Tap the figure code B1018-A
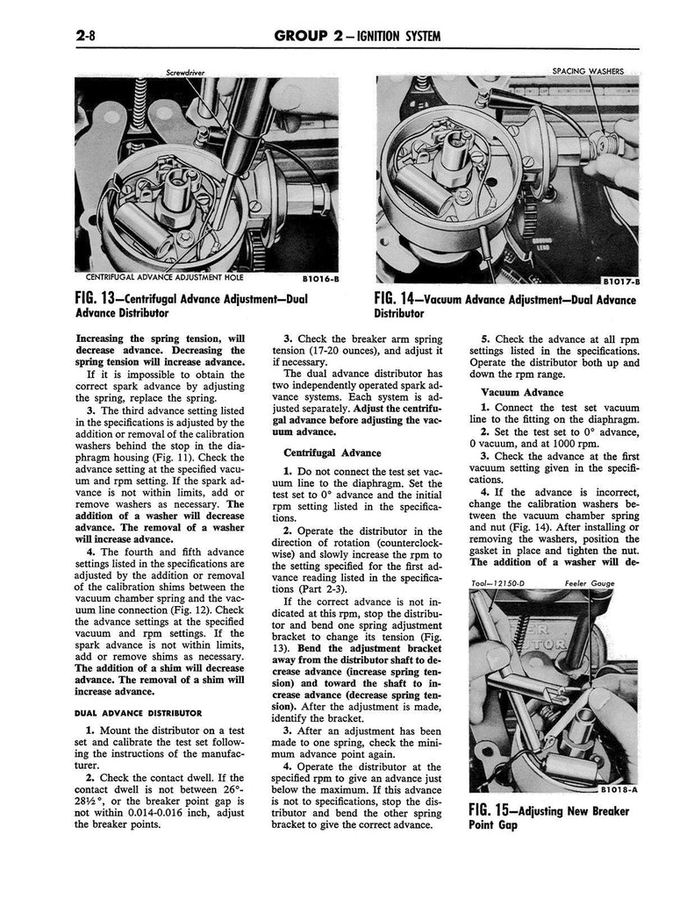tap(620, 789)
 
